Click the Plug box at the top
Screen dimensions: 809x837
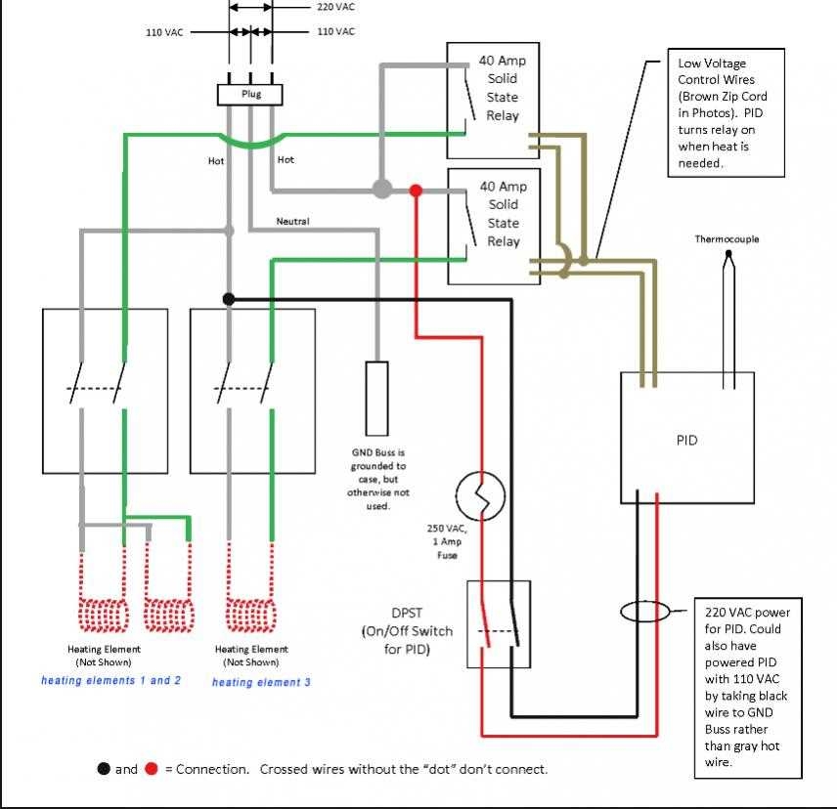(250, 95)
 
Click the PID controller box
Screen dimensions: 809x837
(686, 439)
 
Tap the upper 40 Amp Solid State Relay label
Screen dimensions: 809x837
(503, 88)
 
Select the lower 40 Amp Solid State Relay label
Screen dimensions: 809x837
(503, 214)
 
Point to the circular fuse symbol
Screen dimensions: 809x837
(481, 497)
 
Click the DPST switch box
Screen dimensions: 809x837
(499, 624)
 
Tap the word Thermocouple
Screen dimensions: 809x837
(727, 239)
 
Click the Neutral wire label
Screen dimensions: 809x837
(292, 222)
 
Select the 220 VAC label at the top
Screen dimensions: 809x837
(336, 7)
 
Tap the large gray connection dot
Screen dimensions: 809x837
(382, 189)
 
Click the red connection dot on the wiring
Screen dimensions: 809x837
(416, 190)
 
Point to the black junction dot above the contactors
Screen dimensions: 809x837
(229, 299)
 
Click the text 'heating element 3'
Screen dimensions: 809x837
(261, 682)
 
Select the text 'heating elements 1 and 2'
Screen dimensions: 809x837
(110, 680)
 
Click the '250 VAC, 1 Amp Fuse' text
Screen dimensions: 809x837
(447, 541)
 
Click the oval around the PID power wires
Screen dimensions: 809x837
(645, 612)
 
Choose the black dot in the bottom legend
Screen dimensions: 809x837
(103, 769)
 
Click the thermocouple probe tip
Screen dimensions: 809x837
(728, 257)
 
